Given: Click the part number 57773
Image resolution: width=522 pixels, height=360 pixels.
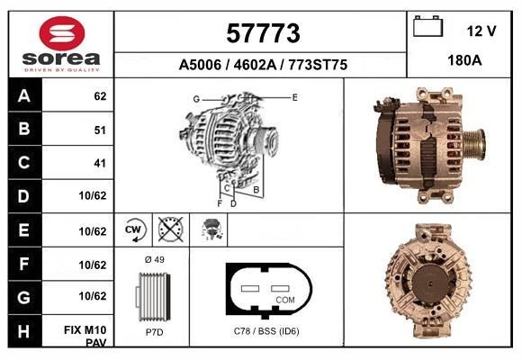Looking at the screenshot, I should [261, 34].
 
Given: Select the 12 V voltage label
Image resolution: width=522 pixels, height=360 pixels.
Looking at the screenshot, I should [481, 31].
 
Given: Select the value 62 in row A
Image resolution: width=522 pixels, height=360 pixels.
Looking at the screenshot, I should [99, 96].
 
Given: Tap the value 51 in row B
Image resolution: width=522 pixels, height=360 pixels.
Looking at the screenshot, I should [99, 130].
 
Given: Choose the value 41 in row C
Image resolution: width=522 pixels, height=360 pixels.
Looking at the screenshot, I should [99, 164].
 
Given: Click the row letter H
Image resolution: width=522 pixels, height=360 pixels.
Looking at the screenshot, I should [24, 332].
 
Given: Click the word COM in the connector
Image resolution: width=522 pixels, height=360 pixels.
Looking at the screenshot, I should [284, 299].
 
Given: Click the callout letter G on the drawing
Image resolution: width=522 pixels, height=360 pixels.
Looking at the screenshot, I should [195, 98].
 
